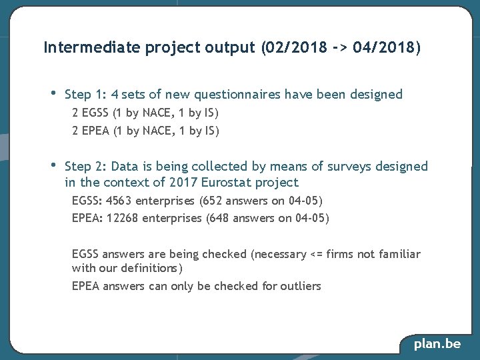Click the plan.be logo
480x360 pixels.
pyautogui.click(x=437, y=344)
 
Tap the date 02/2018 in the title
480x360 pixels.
pyautogui.click(x=296, y=47)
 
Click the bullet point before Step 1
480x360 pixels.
pyautogui.click(x=53, y=93)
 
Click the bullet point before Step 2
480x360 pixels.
pyautogui.click(x=53, y=165)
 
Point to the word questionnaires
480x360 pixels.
pyautogui.click(x=236, y=94)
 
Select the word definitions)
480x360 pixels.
pyautogui.click(x=151, y=268)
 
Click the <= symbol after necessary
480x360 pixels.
pyautogui.click(x=317, y=254)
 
